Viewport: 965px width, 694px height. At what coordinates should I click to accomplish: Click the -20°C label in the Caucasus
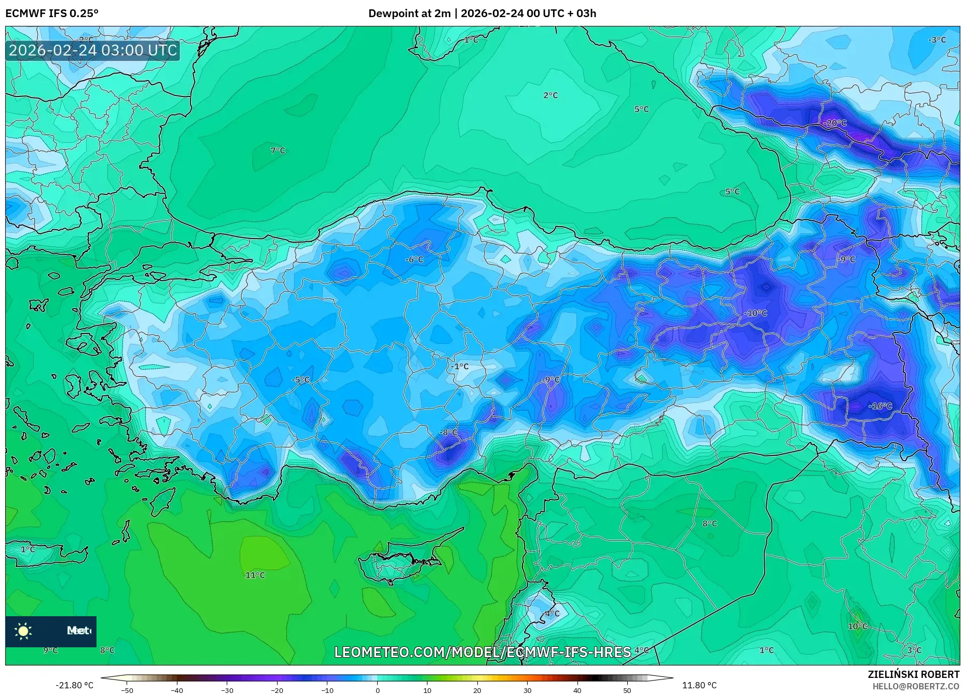click(x=835, y=123)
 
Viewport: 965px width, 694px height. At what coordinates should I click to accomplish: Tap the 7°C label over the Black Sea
click(x=278, y=150)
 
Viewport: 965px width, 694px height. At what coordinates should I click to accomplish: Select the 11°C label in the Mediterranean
click(x=255, y=575)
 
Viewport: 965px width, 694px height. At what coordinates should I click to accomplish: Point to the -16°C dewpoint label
click(x=880, y=406)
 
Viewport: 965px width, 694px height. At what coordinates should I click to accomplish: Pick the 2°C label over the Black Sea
click(x=550, y=95)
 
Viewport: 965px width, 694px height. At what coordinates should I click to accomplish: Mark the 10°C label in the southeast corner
click(x=857, y=626)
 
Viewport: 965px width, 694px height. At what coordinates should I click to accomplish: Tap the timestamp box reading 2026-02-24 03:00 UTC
click(x=93, y=50)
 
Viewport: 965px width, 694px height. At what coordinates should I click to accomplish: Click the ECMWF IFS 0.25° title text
click(x=51, y=13)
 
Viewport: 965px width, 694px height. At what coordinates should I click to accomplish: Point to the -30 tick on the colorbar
click(x=227, y=690)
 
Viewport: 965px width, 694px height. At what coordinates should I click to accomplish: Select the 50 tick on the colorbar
click(x=627, y=690)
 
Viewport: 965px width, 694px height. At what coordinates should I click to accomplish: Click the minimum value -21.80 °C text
click(x=74, y=685)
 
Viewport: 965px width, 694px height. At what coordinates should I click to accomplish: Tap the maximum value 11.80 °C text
click(x=699, y=685)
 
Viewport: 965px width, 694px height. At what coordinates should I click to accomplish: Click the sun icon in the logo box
click(x=23, y=631)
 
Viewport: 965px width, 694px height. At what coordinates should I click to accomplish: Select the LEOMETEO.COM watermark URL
click(x=482, y=651)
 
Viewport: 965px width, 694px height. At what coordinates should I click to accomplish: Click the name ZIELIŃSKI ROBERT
click(x=913, y=674)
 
